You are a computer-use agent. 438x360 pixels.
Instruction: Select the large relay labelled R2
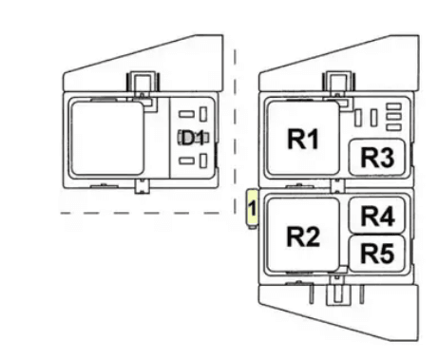(x=301, y=237)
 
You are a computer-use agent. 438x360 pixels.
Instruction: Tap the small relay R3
(x=378, y=158)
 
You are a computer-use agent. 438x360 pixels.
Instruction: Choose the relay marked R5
(x=378, y=253)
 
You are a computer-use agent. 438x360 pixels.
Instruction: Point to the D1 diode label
(x=193, y=138)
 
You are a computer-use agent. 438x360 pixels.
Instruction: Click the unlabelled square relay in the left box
(x=108, y=139)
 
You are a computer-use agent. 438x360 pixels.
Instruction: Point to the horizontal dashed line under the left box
(x=143, y=213)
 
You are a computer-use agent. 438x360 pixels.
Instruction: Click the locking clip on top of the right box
(x=336, y=86)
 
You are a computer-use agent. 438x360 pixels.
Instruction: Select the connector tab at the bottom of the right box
(x=335, y=294)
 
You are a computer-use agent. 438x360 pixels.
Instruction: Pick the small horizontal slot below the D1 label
(x=186, y=161)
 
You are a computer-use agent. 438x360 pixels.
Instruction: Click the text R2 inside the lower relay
(x=301, y=237)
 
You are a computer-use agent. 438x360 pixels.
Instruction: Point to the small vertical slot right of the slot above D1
(x=203, y=117)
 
